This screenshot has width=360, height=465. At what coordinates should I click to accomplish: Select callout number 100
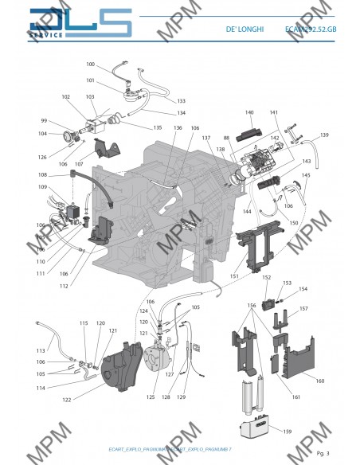[90, 64]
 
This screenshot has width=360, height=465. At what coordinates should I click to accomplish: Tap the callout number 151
[233, 276]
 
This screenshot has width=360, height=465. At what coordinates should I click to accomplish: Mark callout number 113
[41, 350]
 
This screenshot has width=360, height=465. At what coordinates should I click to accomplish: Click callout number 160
[320, 381]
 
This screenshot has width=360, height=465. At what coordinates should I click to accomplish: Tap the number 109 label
[42, 186]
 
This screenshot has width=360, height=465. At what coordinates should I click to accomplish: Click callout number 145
[306, 174]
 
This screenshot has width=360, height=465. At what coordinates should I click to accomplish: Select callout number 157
[303, 308]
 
